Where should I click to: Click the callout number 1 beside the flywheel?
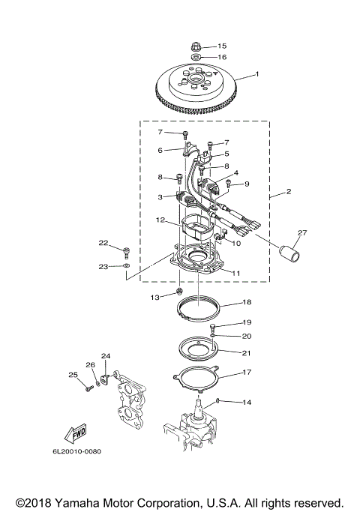tap(257, 74)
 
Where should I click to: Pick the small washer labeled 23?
tap(127, 266)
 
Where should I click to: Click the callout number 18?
tap(247, 303)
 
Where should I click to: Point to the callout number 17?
tap(247, 372)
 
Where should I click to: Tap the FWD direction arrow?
tap(76, 433)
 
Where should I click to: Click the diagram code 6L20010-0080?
tap(76, 451)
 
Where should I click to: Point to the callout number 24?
tap(106, 355)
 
